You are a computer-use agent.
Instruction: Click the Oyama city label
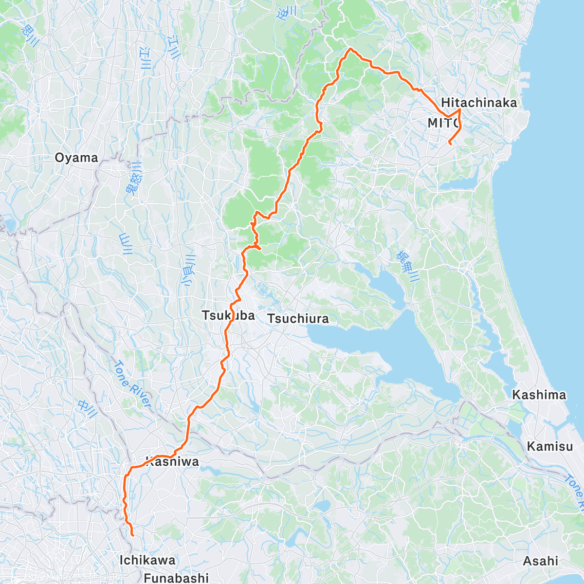[76, 158]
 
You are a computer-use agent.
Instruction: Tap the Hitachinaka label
[479, 103]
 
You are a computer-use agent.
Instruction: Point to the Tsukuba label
[228, 315]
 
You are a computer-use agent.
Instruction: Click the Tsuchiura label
[298, 319]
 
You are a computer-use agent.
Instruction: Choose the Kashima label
[539, 395]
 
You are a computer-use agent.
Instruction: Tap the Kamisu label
[550, 446]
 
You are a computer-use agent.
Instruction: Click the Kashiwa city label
[172, 461]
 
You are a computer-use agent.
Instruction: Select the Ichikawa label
[147, 560]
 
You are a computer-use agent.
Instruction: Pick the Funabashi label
[176, 578]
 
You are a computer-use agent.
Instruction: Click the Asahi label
[540, 561]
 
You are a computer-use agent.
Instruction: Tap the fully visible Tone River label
[132, 384]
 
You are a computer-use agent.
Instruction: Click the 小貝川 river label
[188, 270]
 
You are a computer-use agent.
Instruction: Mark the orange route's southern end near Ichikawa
[132, 535]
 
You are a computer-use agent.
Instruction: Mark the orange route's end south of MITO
[449, 144]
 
